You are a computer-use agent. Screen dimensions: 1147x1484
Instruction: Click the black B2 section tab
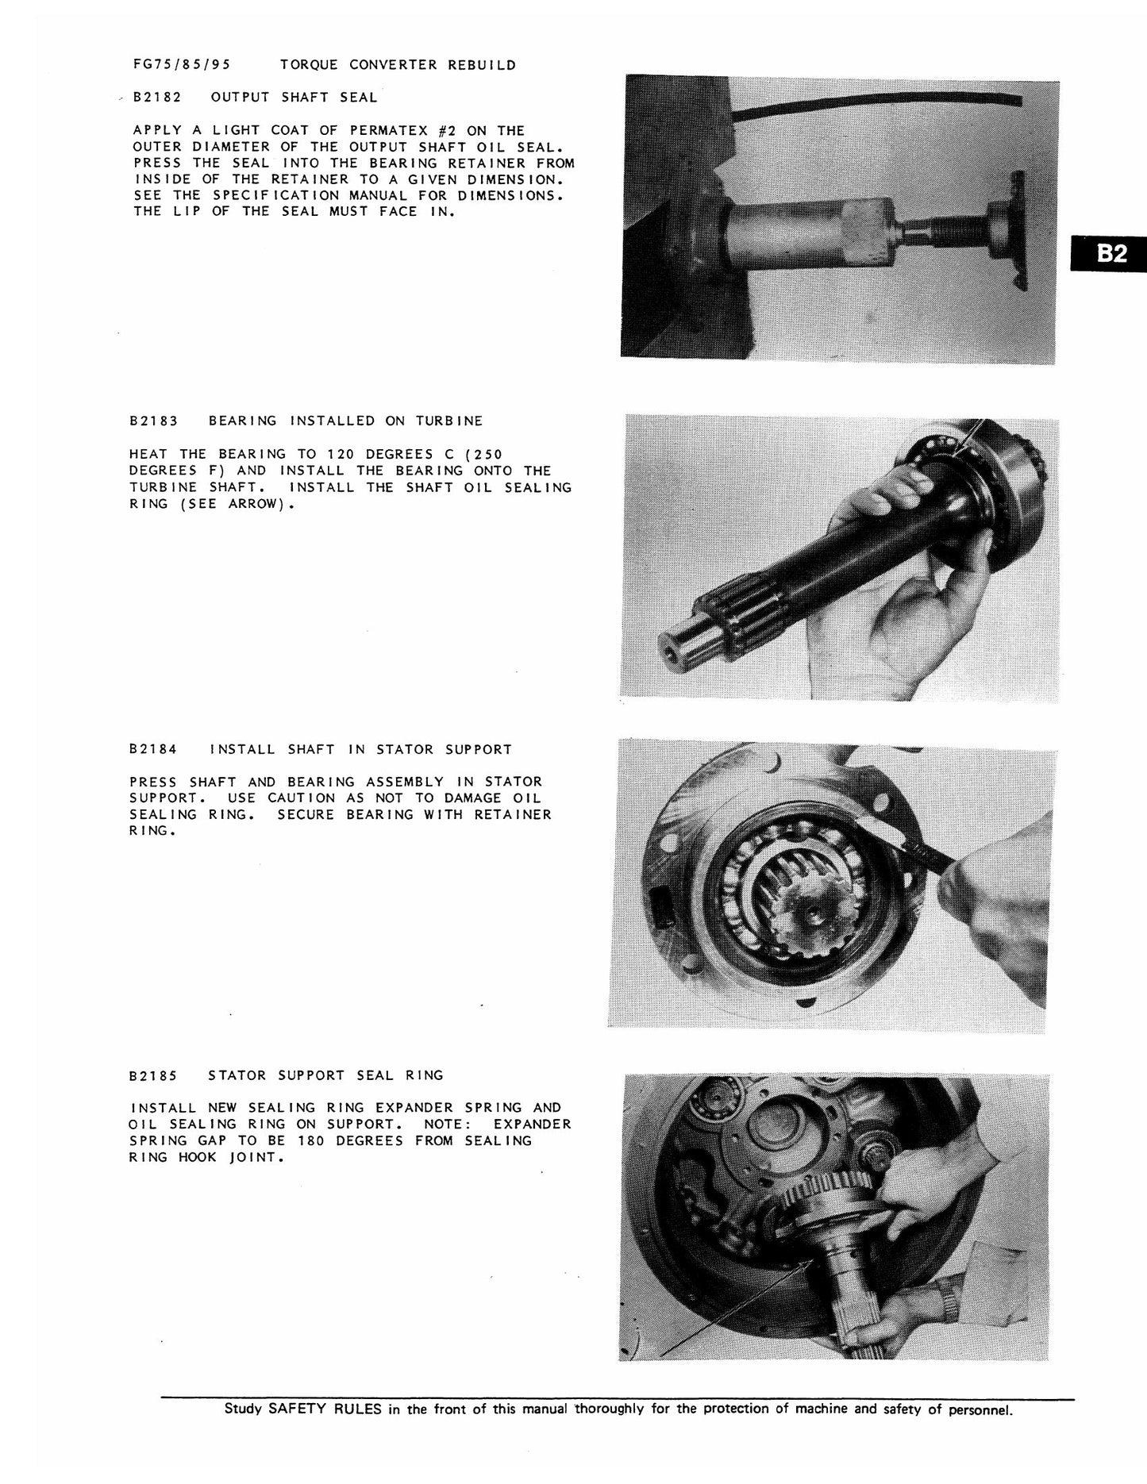1107,253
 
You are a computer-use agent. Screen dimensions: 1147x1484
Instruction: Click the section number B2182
157,98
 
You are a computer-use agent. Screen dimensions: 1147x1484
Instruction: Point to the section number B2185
153,1075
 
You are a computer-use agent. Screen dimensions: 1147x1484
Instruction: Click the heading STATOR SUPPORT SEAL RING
325,1075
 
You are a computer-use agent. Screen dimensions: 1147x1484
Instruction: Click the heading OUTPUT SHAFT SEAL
294,98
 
